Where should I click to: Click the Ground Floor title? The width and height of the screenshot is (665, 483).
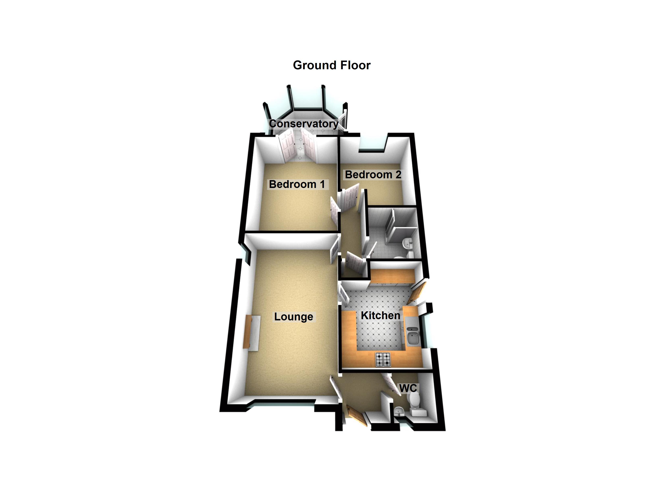point(332,65)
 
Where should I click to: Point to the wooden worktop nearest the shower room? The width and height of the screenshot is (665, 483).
point(393,276)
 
